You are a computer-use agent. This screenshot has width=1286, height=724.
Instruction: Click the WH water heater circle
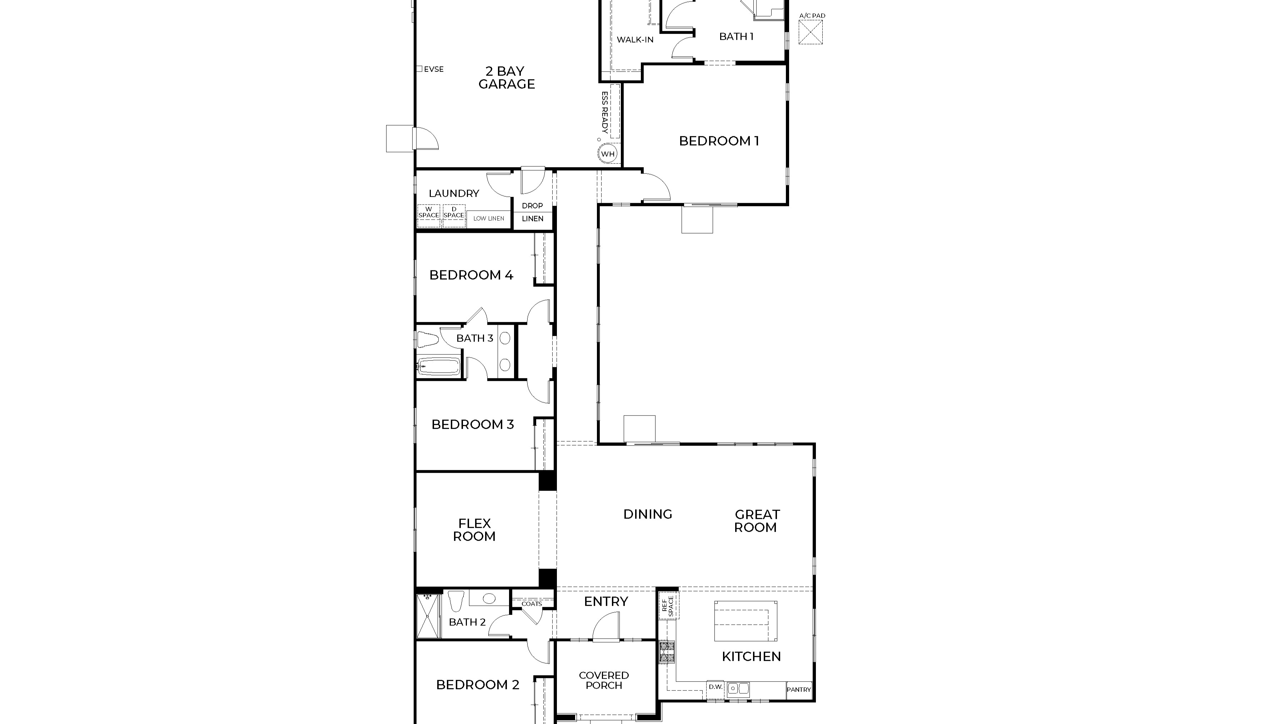(x=608, y=154)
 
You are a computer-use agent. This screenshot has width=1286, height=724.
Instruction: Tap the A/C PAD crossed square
(x=810, y=32)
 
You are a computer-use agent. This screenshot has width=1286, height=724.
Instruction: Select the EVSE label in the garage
(x=433, y=69)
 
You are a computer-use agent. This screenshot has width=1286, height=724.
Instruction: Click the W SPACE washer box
(x=429, y=216)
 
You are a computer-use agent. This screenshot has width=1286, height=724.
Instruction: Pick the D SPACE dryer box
(x=454, y=216)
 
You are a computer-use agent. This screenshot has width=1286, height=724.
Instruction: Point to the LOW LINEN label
(x=489, y=218)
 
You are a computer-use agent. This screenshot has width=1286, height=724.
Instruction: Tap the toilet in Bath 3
(x=427, y=340)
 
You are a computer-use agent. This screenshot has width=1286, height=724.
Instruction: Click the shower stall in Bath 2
(x=429, y=616)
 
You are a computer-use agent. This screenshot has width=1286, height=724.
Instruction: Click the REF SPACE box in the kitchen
(x=668, y=606)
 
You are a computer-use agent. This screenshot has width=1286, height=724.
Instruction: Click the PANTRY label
(x=799, y=690)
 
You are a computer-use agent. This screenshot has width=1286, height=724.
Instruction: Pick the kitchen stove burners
(x=667, y=652)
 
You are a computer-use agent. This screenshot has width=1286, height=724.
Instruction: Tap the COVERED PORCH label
(x=604, y=680)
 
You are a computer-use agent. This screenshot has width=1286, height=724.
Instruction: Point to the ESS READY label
(x=604, y=112)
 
